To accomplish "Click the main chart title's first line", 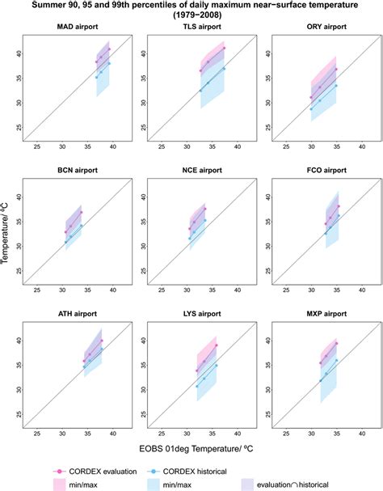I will click(191, 6).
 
